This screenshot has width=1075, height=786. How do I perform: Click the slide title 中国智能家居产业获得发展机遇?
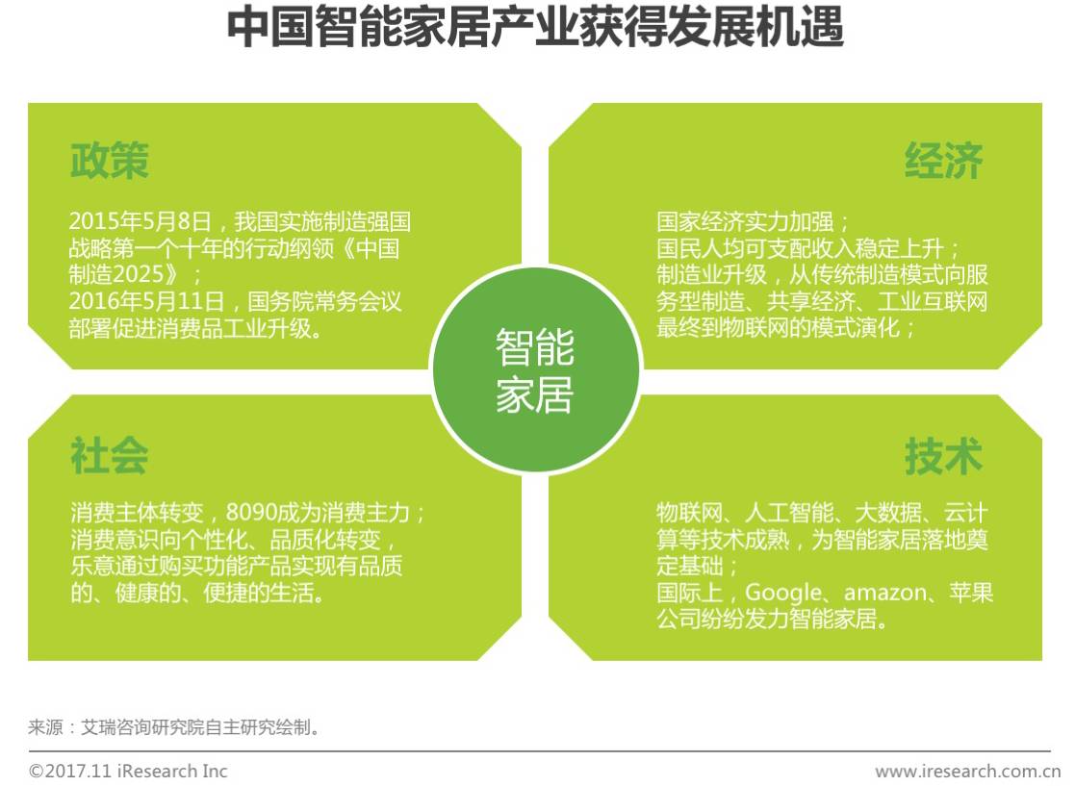[535, 30]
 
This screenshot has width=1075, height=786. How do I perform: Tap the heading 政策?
[109, 162]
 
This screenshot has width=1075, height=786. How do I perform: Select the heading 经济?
[943, 162]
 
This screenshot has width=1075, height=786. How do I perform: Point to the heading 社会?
[109, 456]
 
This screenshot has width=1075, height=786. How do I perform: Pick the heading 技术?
[943, 456]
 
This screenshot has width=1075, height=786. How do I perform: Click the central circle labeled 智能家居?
[535, 370]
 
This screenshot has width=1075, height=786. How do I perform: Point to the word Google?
[783, 592]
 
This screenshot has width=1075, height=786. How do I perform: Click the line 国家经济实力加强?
[746, 222]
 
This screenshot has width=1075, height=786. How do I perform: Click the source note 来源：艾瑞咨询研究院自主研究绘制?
[173, 727]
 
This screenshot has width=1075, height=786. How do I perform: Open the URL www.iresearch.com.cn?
[967, 771]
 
